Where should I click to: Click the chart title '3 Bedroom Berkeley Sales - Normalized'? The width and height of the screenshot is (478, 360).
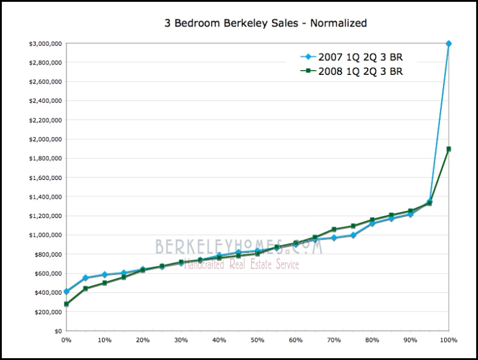(266, 24)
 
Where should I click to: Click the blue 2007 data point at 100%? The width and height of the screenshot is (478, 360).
(448, 43)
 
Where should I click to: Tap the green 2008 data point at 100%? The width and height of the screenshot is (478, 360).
(448, 149)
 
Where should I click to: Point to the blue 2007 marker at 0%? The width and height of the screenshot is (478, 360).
(66, 292)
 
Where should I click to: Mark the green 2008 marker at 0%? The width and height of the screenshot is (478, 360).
(66, 304)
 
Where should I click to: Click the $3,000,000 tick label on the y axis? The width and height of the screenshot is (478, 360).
(43, 43)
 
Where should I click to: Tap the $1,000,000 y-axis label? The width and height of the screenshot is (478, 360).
(43, 236)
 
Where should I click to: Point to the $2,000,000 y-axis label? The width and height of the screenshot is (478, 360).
(43, 140)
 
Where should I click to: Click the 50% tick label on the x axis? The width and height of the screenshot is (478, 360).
(257, 340)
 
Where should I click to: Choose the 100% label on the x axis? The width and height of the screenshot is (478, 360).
(447, 340)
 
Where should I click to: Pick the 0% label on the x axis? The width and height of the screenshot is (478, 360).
(66, 340)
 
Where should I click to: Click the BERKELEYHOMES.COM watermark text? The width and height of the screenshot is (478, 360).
(238, 246)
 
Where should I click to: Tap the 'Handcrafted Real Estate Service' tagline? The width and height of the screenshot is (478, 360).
(241, 265)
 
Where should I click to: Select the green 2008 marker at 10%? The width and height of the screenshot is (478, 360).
(104, 283)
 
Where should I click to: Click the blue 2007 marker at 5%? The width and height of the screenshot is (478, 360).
(86, 278)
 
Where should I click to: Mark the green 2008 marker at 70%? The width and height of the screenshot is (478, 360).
(334, 230)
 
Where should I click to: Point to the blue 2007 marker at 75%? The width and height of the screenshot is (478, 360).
(353, 235)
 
